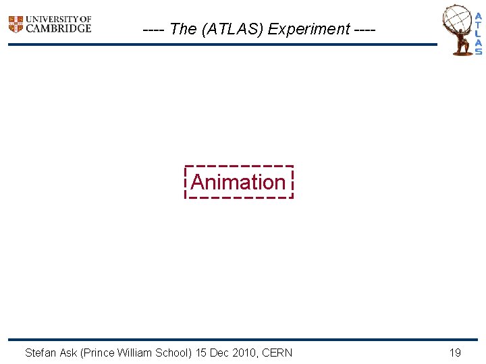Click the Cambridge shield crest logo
coord(16,24)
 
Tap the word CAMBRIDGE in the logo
coord(58,28)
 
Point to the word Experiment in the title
coord(309,29)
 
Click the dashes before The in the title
coord(155,29)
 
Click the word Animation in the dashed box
coord(238,182)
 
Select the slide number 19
coord(455,353)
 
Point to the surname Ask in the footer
coord(68,353)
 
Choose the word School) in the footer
coord(173,353)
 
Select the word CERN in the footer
coord(277,353)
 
